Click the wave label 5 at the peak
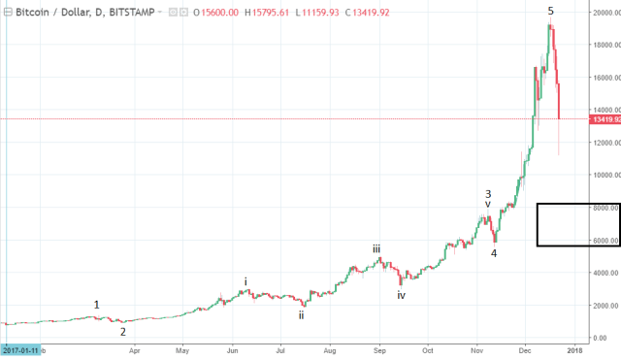(550, 11)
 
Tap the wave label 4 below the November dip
(494, 253)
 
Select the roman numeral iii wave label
(376, 248)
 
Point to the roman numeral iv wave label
(401, 294)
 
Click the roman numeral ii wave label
(302, 314)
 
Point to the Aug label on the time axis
(330, 349)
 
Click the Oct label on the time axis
(427, 349)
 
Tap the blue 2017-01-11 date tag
(19, 349)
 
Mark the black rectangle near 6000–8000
(578, 224)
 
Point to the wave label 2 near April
(122, 331)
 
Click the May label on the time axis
(181, 349)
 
